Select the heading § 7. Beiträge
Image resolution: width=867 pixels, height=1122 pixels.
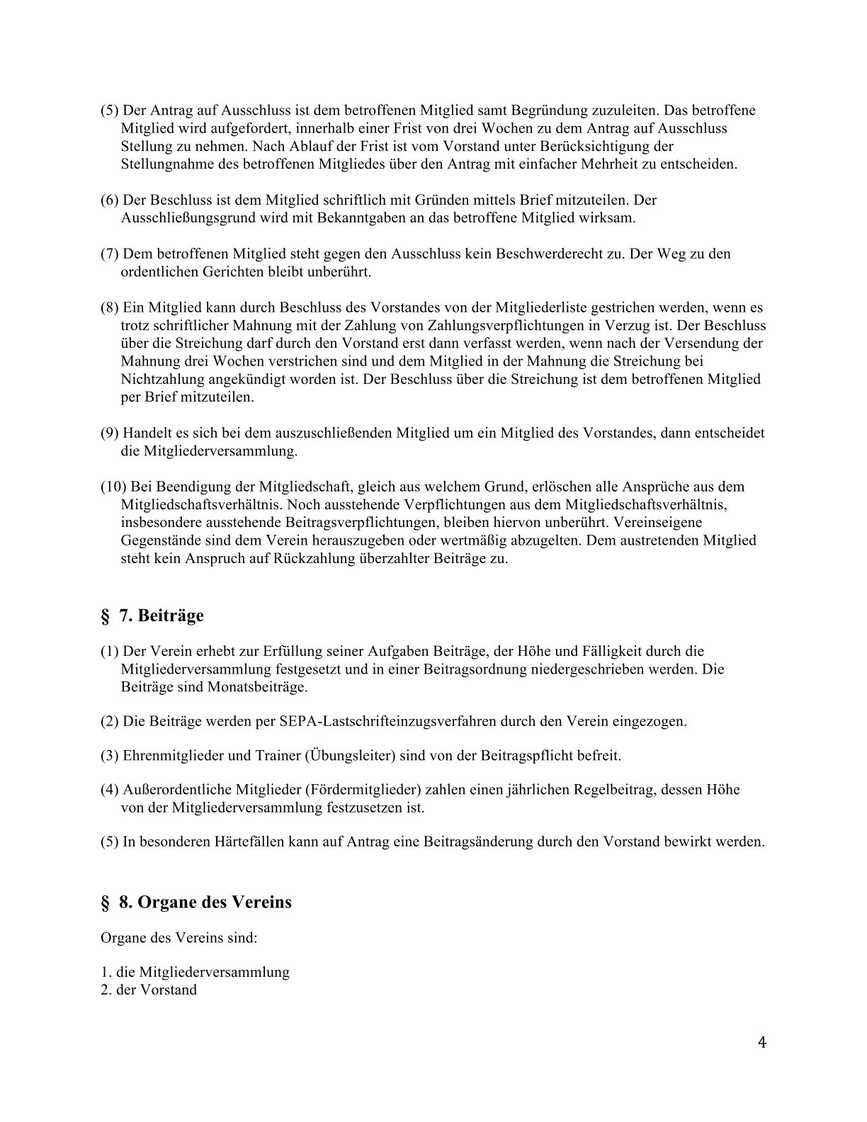(152, 616)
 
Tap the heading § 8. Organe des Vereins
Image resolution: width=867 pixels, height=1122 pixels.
(195, 902)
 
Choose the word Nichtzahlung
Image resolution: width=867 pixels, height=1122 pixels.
(163, 379)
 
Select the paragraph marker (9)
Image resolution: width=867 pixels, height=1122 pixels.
(110, 433)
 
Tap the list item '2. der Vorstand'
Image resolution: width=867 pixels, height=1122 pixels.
(149, 990)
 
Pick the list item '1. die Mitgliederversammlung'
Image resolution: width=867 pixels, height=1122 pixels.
(195, 972)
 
